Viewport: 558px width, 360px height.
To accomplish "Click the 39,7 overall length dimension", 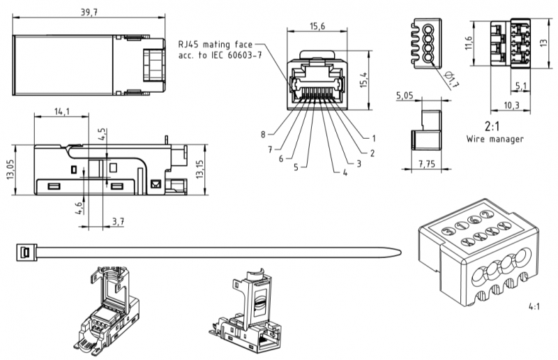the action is [89, 12].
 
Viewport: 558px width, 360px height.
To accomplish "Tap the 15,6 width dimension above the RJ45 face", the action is [317, 26].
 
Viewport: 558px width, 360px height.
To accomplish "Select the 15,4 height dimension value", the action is [363, 80].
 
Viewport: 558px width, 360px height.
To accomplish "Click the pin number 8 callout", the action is [263, 135].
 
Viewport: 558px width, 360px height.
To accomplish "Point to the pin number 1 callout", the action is [374, 138].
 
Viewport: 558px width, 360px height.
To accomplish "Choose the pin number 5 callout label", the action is [296, 167].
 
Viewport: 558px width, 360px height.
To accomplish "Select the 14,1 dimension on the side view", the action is [62, 112].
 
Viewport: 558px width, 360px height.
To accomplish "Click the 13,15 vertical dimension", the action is [199, 170].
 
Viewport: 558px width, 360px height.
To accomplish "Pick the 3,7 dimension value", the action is [118, 221].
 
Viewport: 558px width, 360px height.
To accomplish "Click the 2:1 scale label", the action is [492, 126].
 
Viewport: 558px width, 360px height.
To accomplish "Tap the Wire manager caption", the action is [495, 139].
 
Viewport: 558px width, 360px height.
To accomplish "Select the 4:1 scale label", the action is [534, 306].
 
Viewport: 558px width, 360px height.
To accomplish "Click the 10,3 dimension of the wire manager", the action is [511, 105].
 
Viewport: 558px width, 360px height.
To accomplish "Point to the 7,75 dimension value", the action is [427, 164].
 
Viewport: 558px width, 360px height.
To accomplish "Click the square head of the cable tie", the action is [27, 253].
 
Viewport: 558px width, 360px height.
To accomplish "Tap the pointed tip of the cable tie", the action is [400, 253].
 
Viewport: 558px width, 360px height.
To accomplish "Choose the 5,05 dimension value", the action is [405, 96].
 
